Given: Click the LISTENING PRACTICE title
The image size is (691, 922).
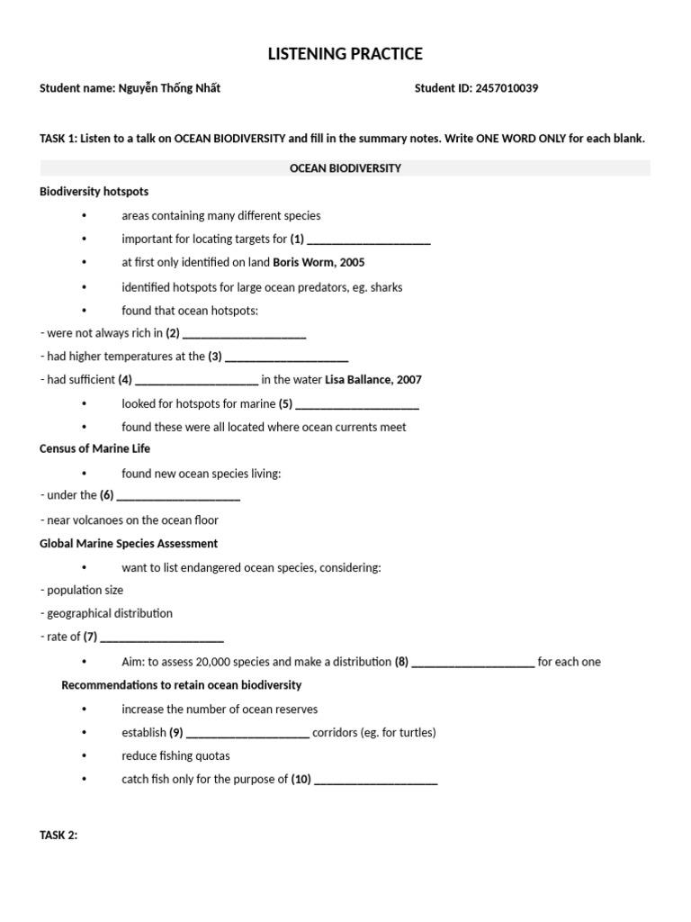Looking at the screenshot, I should pos(345,54).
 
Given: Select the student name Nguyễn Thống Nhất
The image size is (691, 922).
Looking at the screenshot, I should pos(169,88).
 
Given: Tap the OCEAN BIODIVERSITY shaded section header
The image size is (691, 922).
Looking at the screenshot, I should pos(345,168).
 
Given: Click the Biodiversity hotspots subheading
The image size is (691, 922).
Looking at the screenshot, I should pos(94,192).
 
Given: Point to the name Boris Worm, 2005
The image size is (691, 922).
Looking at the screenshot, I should pos(319,263).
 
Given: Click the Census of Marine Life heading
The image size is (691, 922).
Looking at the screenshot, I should pos(95,448).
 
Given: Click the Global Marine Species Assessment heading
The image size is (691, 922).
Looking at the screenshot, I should pos(129,544).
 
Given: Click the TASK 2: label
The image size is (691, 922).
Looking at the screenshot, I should pos(58,836).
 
